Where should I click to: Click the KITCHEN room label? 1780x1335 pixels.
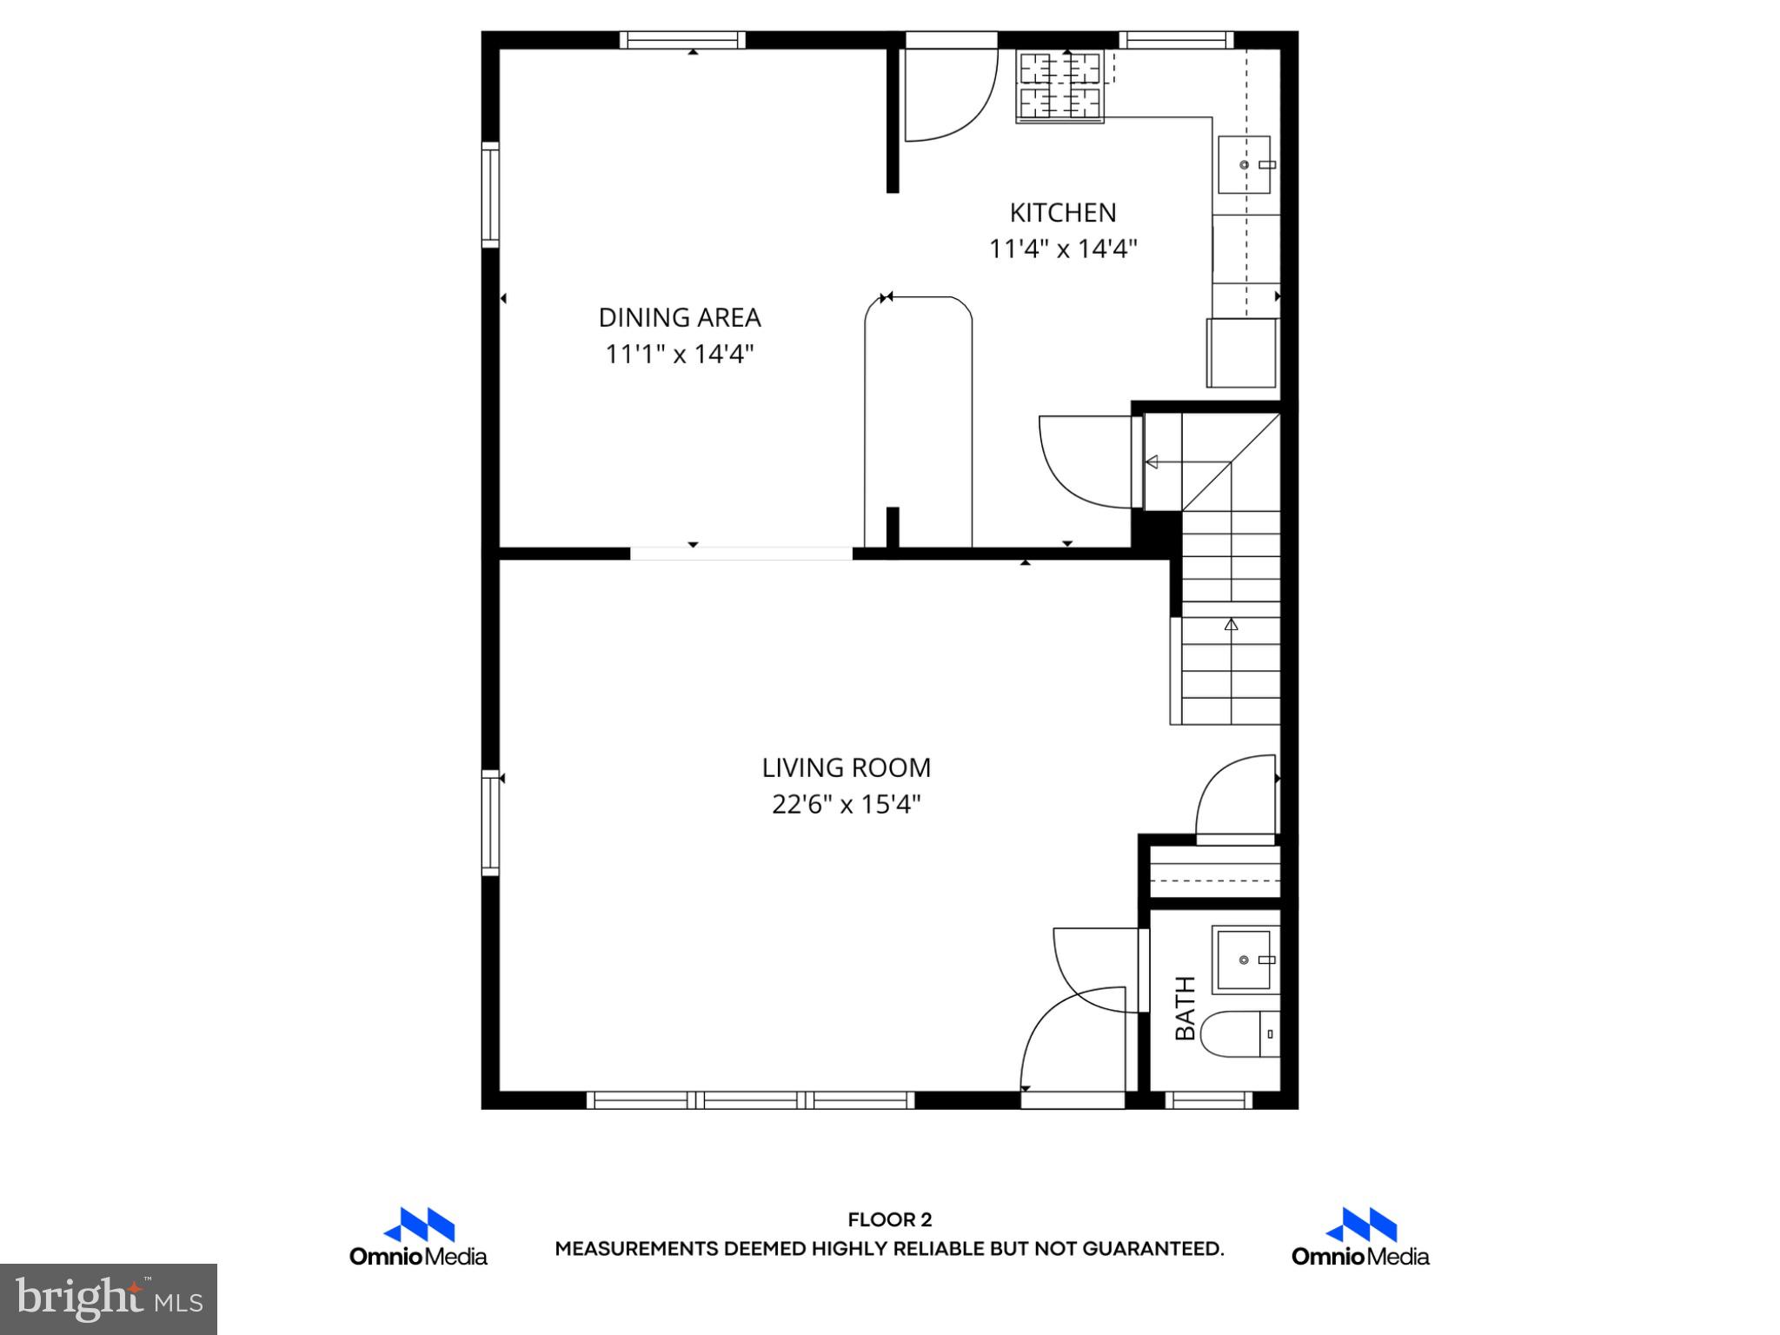[1062, 213]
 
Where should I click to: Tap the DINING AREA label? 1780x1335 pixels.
[680, 318]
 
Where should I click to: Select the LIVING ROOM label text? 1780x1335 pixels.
[846, 768]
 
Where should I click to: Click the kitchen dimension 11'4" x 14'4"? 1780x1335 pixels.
[1062, 249]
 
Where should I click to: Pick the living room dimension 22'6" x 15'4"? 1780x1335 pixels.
[846, 805]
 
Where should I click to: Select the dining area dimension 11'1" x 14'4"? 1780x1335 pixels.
[680, 355]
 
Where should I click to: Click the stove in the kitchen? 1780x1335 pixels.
[1059, 86]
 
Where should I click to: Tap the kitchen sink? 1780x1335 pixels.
[1244, 164]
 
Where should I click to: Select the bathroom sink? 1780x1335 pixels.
[1244, 960]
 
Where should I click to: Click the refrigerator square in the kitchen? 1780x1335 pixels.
[1241, 353]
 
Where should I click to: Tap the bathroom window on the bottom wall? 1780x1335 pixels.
[1208, 1100]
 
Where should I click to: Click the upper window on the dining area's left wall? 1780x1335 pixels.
[490, 195]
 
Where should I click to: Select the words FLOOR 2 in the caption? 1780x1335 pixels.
[889, 1220]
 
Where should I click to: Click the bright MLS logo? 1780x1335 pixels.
[109, 1299]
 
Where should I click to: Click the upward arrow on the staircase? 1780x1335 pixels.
[1231, 625]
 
